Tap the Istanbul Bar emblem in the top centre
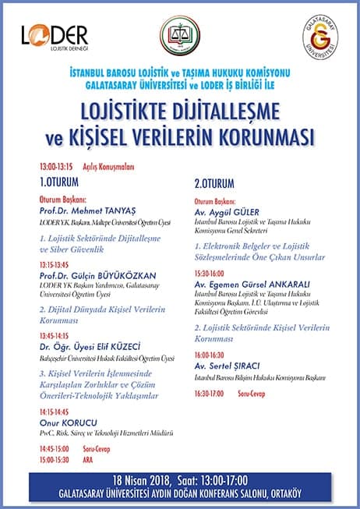point(180,36)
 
